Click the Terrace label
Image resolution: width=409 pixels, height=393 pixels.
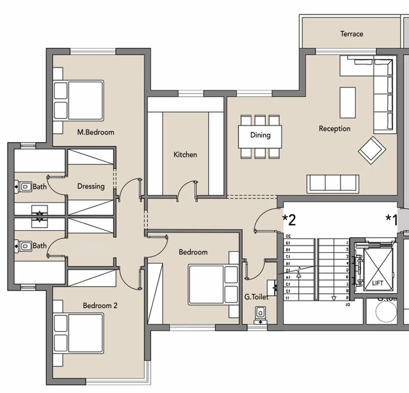[x=351, y=34]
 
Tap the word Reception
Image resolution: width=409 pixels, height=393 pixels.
[x=334, y=129]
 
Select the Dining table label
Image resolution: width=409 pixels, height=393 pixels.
[x=260, y=135]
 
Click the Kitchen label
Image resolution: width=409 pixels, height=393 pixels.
[x=185, y=155]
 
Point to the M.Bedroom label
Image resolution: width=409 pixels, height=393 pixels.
[x=95, y=132]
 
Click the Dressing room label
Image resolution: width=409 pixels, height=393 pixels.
[x=91, y=186]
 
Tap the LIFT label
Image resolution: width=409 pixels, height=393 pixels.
[x=377, y=284]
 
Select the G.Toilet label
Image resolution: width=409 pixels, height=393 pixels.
[x=256, y=298]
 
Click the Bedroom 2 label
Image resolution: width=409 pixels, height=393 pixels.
[x=100, y=306]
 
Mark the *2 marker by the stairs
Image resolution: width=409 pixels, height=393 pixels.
[x=289, y=220]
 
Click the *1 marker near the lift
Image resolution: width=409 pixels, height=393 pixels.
[x=391, y=219]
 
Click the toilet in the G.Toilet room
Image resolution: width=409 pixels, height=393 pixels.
[x=261, y=313]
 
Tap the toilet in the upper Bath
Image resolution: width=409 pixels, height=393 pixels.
[x=26, y=187]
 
